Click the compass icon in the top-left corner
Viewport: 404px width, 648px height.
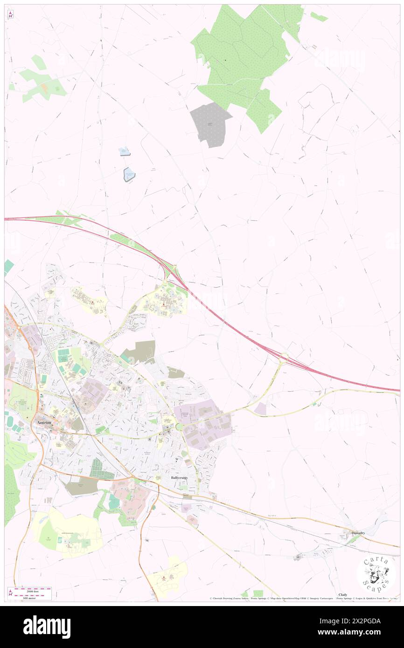coord(10,15)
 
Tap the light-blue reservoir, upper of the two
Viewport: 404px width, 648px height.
coord(125,151)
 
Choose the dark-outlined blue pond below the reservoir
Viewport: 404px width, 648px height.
coord(129,174)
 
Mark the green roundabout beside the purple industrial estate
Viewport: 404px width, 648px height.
coord(179,427)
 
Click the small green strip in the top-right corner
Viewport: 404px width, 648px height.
coord(319,17)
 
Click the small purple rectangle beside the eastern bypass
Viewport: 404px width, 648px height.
coord(260,409)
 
